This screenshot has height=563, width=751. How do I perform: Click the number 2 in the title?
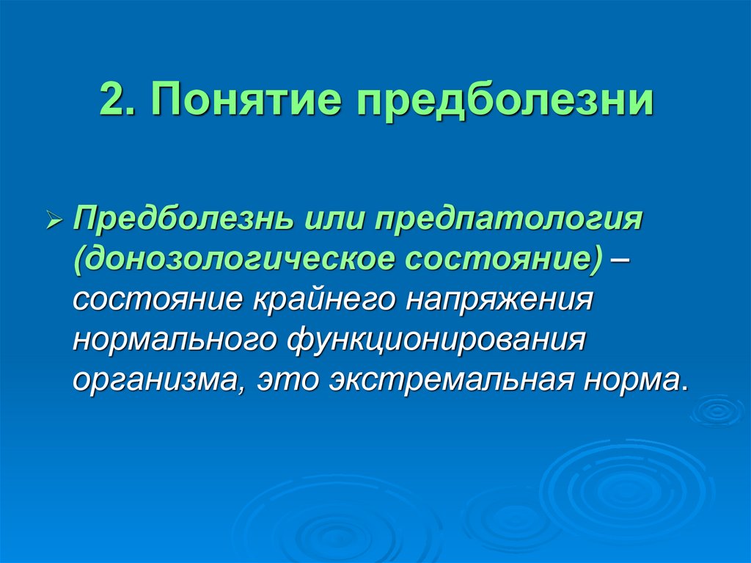(x=111, y=100)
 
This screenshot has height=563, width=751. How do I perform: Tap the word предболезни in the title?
(x=505, y=100)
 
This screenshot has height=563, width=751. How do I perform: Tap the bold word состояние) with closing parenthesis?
(x=500, y=261)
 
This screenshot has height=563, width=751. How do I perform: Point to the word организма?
(x=155, y=381)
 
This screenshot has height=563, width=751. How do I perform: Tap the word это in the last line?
(x=288, y=381)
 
